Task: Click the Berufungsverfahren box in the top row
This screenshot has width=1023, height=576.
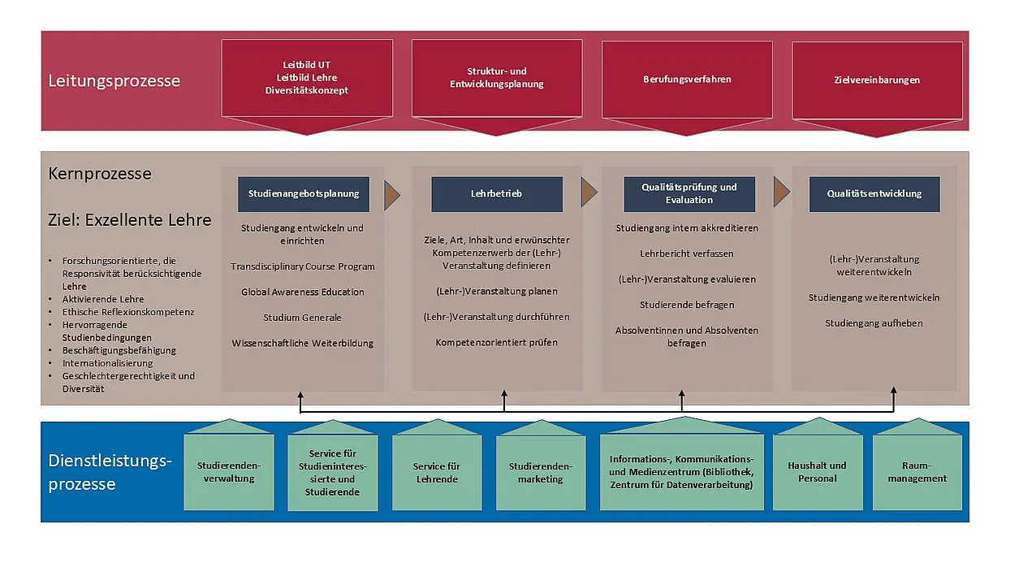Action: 687,80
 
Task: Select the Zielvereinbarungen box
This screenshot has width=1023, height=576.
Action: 877,81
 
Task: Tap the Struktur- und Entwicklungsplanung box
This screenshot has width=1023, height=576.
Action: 497,79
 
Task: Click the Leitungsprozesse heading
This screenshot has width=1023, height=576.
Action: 114,81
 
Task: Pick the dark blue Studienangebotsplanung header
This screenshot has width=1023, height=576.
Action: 304,194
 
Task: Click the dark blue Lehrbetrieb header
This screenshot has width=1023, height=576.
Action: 497,194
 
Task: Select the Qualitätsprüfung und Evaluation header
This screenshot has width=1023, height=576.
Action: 689,194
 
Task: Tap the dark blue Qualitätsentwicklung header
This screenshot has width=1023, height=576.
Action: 874,194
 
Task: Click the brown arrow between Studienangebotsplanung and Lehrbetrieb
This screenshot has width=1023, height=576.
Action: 392,195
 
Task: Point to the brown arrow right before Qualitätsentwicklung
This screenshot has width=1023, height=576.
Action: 781,192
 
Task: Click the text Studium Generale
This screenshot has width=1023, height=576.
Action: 302,318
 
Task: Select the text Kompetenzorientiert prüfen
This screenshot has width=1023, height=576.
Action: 496,342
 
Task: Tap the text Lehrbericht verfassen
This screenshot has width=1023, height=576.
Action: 686,253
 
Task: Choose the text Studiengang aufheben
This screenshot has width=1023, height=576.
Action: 874,323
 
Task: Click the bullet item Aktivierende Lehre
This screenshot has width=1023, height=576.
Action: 103,299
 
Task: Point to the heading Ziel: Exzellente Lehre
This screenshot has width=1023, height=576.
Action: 130,220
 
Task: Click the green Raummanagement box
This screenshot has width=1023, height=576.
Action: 917,472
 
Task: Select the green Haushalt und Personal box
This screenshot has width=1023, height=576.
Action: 818,472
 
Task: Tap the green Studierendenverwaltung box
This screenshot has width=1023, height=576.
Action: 229,472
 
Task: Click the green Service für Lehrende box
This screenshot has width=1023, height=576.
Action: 437,473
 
